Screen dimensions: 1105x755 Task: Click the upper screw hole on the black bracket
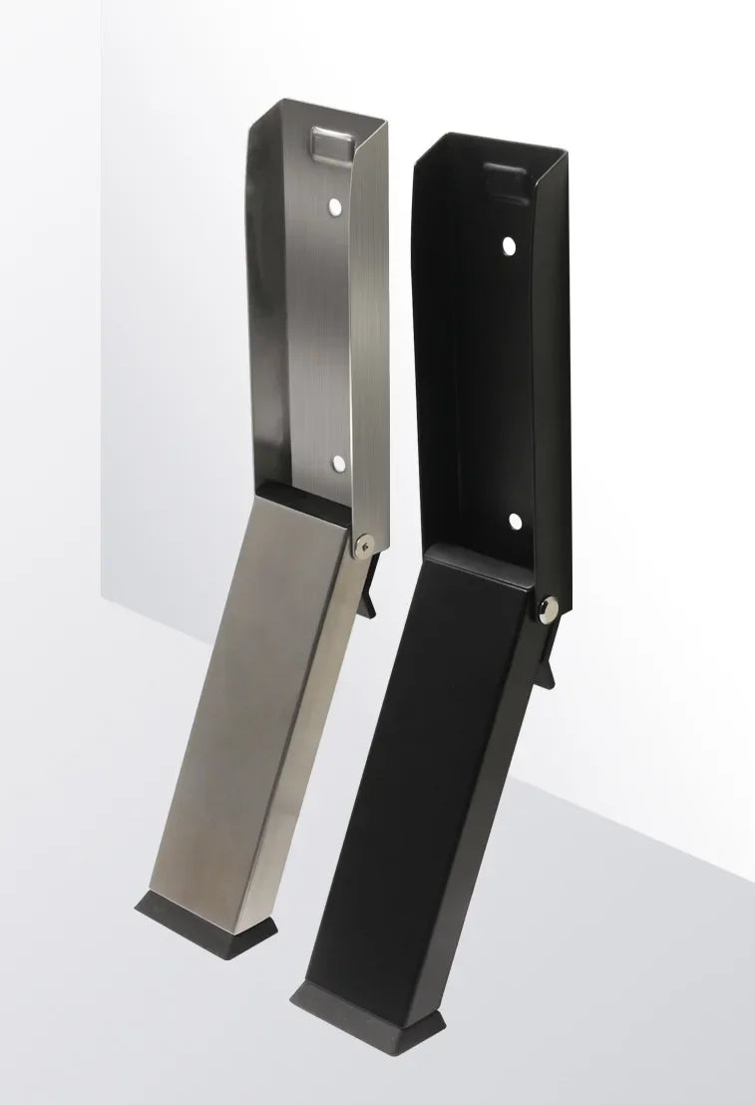click(509, 244)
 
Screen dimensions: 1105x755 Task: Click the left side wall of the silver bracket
click(261, 299)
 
